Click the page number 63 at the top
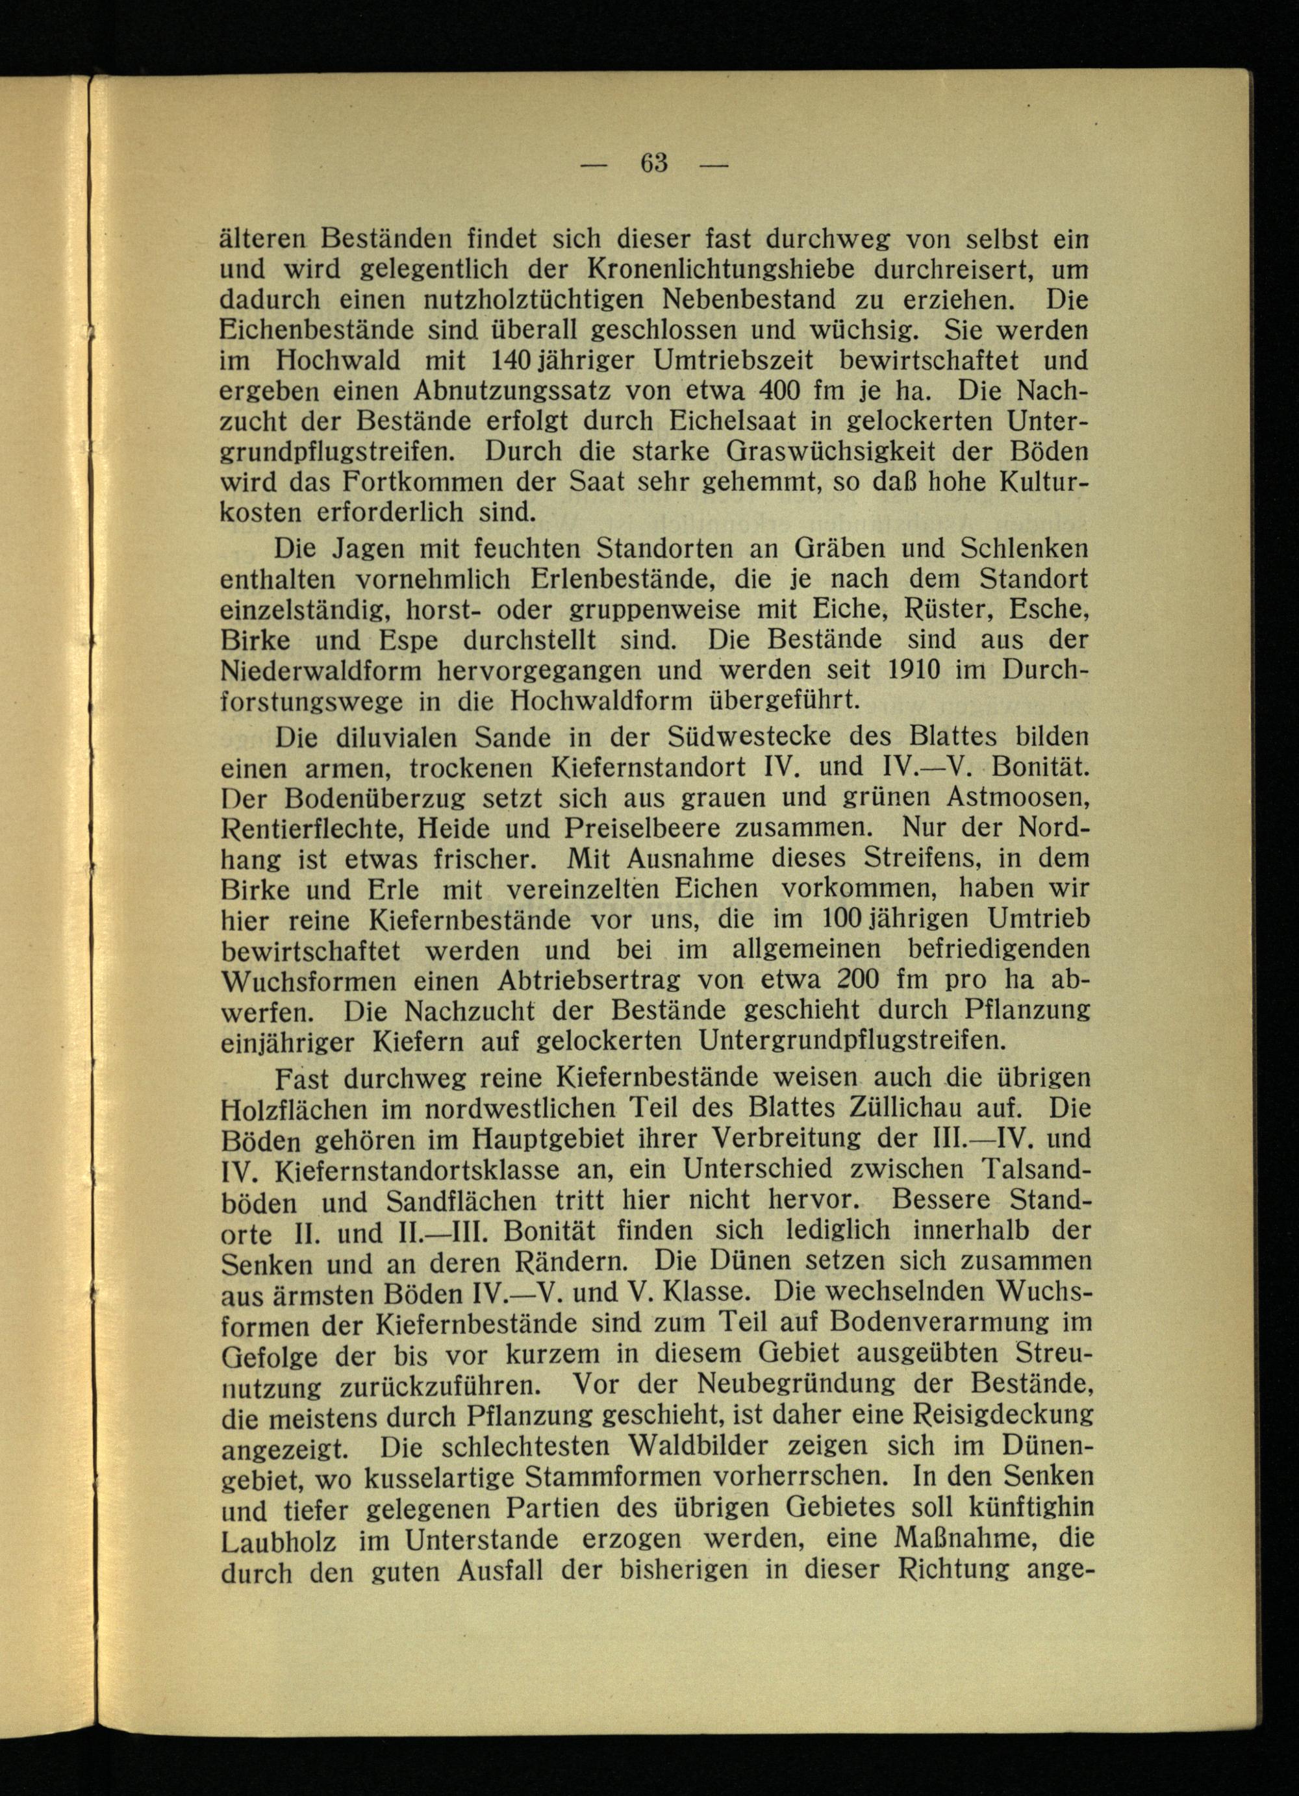(654, 163)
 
